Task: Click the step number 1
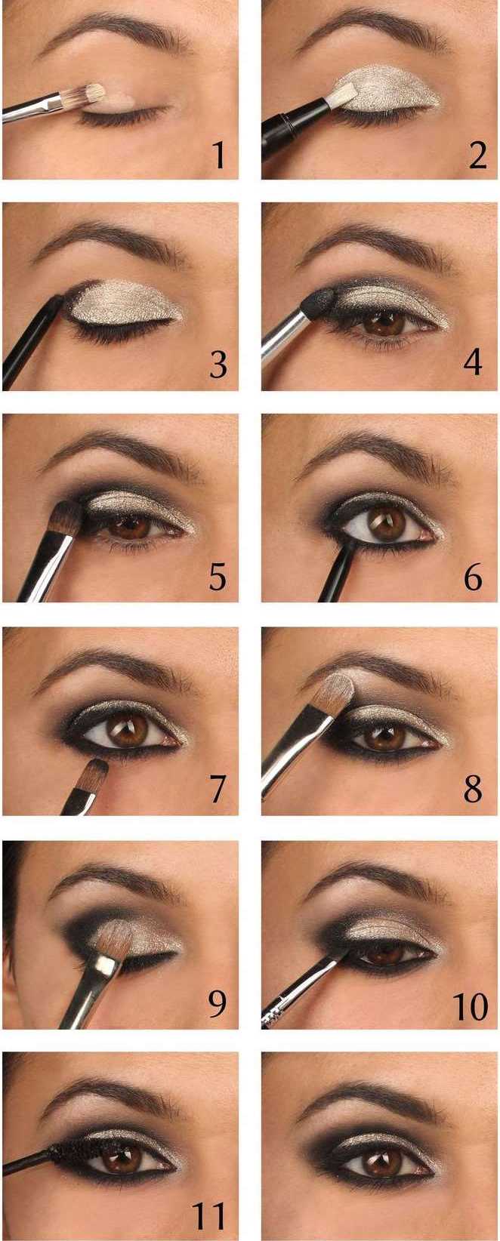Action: point(220,155)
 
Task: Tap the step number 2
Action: point(477,155)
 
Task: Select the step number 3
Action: point(218,365)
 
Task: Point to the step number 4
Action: point(473,363)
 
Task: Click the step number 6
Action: point(473,577)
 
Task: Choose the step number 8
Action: point(473,789)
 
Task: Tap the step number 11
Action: point(209,1215)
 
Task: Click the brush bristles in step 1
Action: point(91,94)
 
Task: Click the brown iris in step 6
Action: point(387,524)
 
